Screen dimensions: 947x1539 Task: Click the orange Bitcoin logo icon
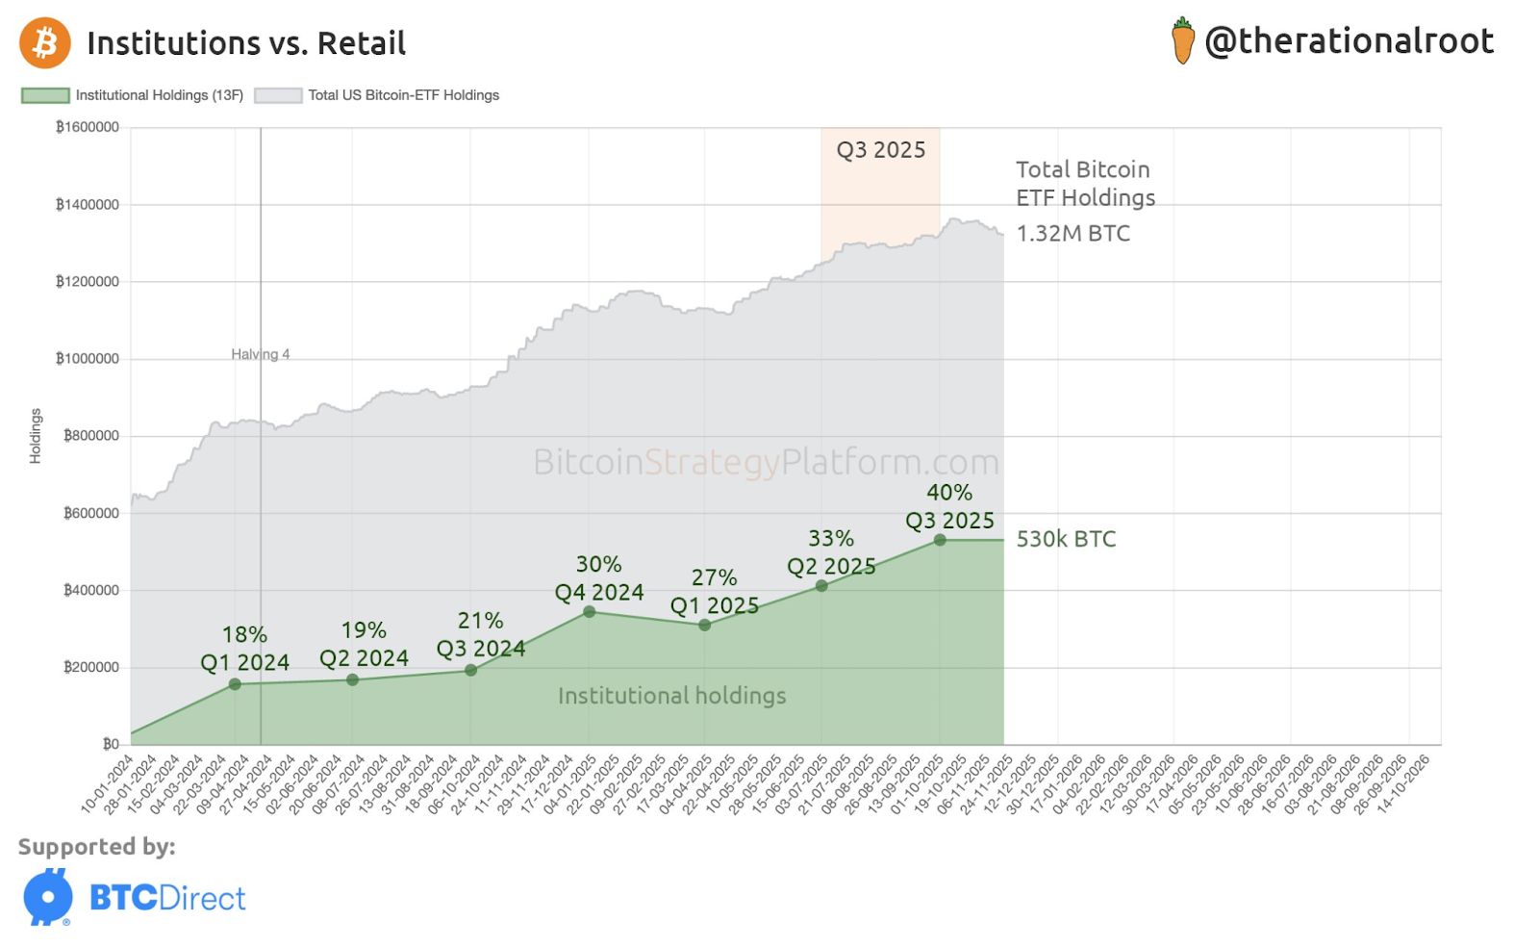[x=44, y=43]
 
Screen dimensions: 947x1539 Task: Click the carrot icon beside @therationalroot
[x=1182, y=41]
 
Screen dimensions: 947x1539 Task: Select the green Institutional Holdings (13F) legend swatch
[x=45, y=95]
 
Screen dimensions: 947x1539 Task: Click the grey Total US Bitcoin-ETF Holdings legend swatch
[x=278, y=95]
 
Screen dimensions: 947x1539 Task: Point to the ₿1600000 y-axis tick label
[x=88, y=127]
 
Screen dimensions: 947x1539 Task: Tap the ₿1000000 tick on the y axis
[x=88, y=359]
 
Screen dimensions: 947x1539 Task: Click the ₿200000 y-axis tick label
[x=91, y=667]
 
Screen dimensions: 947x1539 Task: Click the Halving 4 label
[x=260, y=354]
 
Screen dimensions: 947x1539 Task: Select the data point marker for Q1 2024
[x=236, y=684]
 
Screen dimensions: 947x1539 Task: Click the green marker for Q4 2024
[x=590, y=612]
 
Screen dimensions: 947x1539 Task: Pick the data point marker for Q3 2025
[x=940, y=540]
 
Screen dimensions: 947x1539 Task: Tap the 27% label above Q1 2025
[x=714, y=577]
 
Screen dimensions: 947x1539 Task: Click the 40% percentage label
[x=949, y=493]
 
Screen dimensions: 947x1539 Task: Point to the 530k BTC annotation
[x=1066, y=539]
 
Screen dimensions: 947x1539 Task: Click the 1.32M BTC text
[x=1072, y=233]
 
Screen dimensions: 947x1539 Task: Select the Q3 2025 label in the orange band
[x=880, y=150]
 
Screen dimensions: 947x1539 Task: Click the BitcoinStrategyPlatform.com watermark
[x=766, y=462]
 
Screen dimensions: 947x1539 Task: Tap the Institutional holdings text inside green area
[x=671, y=696]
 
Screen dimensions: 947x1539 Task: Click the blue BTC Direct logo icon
[x=48, y=897]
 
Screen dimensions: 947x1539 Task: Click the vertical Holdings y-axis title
[x=36, y=436]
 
